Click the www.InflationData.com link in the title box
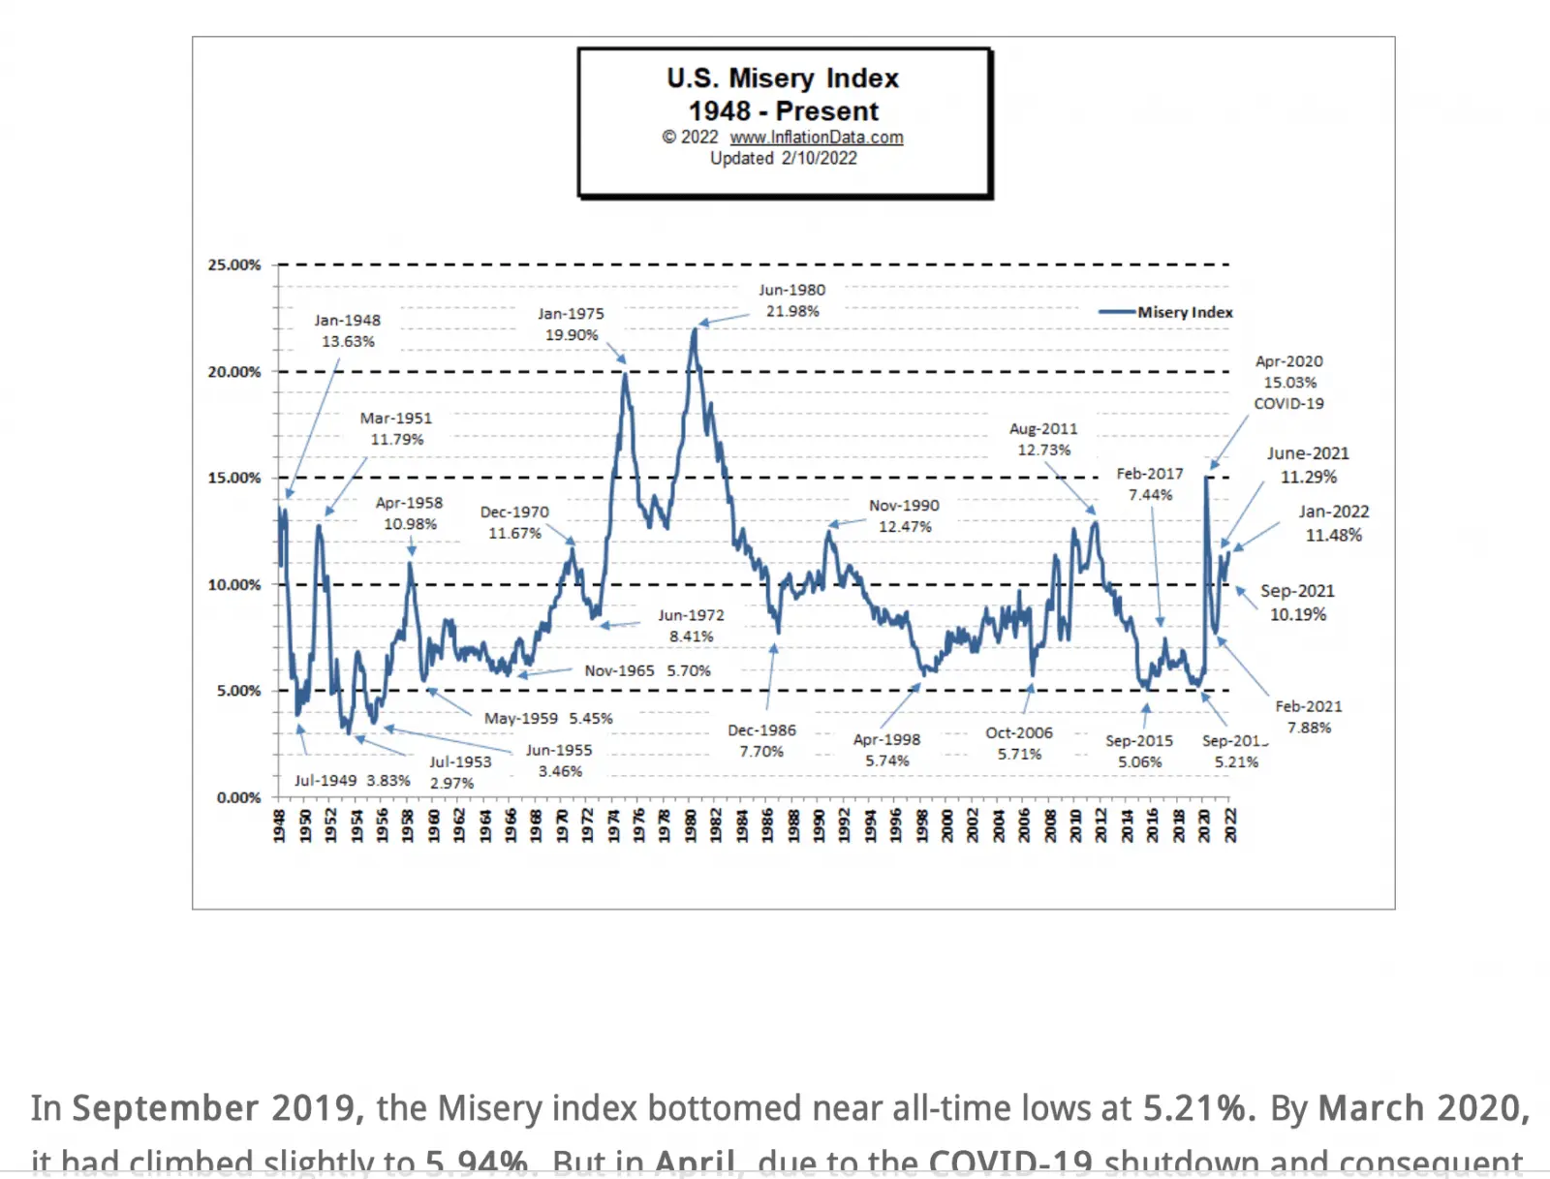point(816,138)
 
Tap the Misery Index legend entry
point(1184,312)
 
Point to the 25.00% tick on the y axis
point(234,264)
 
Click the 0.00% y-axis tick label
point(238,797)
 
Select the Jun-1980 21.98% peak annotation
point(792,300)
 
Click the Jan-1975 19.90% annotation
point(571,325)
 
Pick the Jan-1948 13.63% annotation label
point(348,330)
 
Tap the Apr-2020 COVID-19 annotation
point(1288,382)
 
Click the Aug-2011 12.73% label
point(1043,439)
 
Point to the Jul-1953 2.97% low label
point(459,772)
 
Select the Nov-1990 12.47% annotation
point(904,515)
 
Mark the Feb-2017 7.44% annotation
point(1150,483)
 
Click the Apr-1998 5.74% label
point(886,750)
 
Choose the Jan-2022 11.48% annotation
point(1334,523)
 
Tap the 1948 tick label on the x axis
point(279,826)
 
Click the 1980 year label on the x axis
point(691,826)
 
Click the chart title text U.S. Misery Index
point(783,78)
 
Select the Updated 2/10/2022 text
point(783,158)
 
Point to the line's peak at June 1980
point(695,329)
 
